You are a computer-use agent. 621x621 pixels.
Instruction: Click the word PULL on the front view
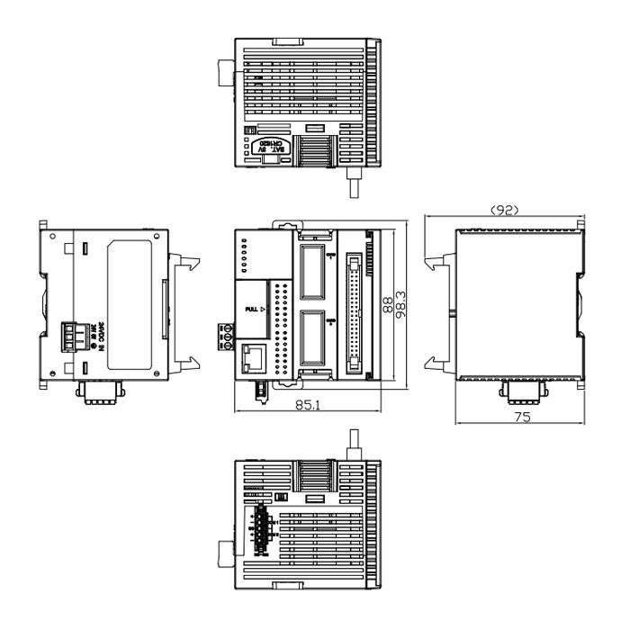click(253, 310)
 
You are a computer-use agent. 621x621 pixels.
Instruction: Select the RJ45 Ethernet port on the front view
click(253, 360)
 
